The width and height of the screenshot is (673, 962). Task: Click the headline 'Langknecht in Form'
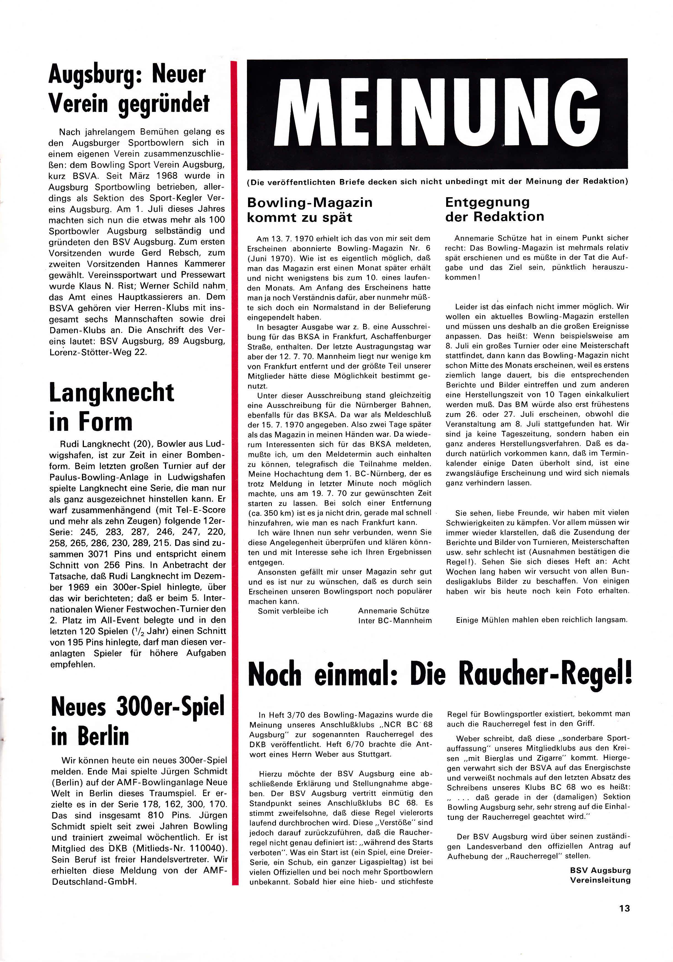(111, 407)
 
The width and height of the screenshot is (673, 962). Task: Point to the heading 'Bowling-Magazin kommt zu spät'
(309, 210)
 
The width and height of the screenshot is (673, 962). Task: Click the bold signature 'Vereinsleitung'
(600, 880)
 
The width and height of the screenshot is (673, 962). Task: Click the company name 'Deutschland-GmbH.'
(94, 881)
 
